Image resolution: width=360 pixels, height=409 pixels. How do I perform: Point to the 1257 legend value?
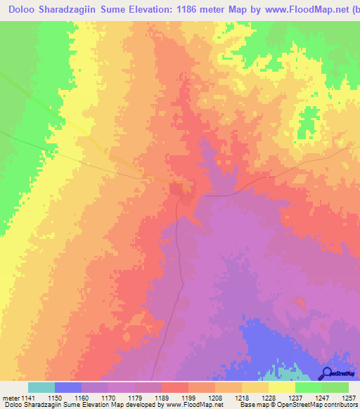(x=348, y=398)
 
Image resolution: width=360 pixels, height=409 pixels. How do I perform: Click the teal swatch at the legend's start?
(x=41, y=387)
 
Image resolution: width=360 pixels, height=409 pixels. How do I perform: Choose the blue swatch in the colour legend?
(x=68, y=387)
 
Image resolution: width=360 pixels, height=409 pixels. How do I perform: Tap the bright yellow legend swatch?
(x=282, y=387)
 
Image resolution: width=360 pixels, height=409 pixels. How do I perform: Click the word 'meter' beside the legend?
(x=9, y=398)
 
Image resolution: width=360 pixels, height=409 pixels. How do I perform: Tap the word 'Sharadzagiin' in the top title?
(x=65, y=9)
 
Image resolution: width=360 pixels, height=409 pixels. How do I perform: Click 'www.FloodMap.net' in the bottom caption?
(x=194, y=405)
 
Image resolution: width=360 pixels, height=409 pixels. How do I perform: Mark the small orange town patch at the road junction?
(x=176, y=188)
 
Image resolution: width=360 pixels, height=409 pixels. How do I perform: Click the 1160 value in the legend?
(x=81, y=398)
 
